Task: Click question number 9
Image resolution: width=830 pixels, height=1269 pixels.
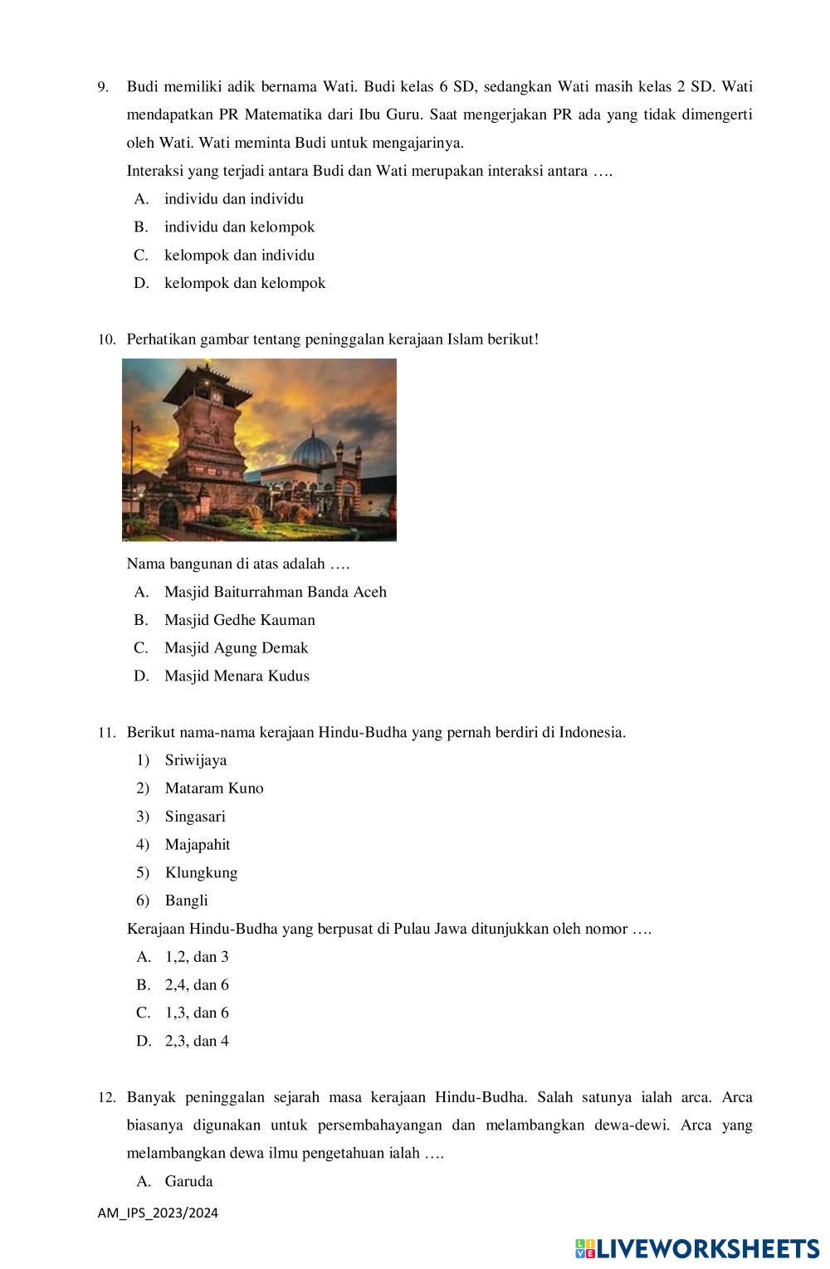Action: [x=103, y=87]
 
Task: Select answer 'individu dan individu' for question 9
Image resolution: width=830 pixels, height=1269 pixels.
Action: [x=233, y=199]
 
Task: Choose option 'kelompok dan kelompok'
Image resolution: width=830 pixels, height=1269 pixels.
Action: [x=244, y=283]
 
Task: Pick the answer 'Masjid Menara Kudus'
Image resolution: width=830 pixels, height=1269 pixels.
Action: [x=236, y=676]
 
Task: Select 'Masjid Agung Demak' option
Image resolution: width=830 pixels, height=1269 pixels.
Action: [x=236, y=647]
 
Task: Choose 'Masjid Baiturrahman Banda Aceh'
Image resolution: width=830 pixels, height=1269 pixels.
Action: [x=275, y=592]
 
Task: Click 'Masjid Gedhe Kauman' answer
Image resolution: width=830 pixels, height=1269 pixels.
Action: [x=239, y=620]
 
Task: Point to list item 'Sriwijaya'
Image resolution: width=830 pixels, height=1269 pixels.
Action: [x=196, y=760]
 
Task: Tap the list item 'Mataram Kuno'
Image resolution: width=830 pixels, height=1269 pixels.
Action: [x=214, y=788]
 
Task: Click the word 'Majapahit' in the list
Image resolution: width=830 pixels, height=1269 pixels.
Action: [x=198, y=844]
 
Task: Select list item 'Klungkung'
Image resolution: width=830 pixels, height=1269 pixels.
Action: [x=201, y=872]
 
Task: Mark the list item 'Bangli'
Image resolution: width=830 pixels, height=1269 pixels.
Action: [x=187, y=901]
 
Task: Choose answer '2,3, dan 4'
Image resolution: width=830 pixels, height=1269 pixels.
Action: [x=197, y=1041]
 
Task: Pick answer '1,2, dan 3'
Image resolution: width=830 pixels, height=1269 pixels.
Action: [x=197, y=957]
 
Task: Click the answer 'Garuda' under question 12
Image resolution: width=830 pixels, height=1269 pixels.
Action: [x=188, y=1181]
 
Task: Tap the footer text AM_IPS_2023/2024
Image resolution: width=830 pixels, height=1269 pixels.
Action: [x=158, y=1213]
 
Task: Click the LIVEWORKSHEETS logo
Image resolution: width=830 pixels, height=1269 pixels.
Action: [x=697, y=1248]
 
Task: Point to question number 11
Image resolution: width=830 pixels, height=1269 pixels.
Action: [x=105, y=733]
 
